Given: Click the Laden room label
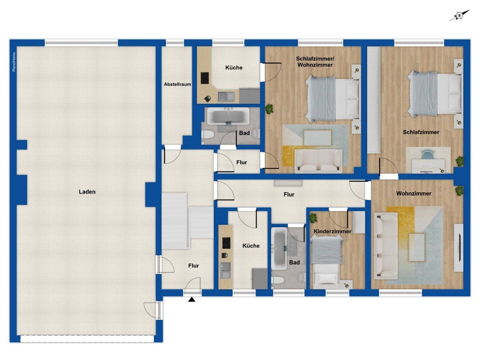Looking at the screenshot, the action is (87, 192).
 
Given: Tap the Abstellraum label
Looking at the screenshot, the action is (177, 84).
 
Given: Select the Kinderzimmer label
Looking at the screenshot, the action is (332, 231).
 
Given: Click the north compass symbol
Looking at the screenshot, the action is (459, 15).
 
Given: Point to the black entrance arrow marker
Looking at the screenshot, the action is (192, 299).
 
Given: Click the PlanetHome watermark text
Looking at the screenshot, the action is (14, 62).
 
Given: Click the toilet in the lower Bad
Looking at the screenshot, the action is (277, 280).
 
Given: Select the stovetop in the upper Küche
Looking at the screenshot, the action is (205, 78).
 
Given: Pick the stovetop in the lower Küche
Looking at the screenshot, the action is (226, 243).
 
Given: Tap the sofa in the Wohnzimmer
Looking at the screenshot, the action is (386, 246).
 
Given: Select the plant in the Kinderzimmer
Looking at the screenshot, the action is (313, 218).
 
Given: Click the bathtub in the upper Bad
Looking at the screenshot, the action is (228, 116).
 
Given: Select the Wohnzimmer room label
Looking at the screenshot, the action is (414, 193).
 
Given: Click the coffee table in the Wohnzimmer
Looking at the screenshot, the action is (417, 247).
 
